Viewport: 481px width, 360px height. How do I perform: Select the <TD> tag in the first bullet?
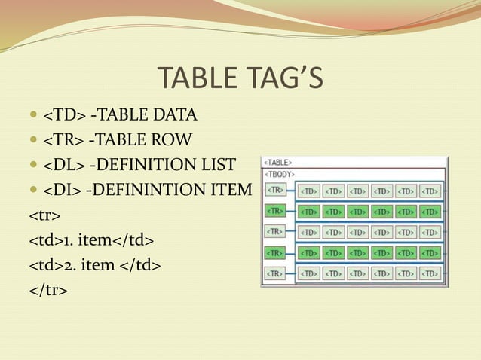(x=63, y=115)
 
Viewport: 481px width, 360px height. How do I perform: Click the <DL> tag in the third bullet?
(x=63, y=163)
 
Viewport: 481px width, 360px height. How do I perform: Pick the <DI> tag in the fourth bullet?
(x=60, y=188)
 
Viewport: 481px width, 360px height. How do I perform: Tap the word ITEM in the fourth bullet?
(x=231, y=188)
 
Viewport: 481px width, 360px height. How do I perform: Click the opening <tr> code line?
(x=44, y=216)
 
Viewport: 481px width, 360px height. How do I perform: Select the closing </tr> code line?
(x=48, y=288)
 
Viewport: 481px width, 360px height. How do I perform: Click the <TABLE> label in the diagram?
(x=277, y=162)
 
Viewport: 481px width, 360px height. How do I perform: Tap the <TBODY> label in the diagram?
(x=280, y=172)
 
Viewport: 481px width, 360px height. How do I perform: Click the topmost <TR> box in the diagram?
(x=276, y=189)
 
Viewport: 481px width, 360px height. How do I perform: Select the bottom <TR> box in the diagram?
(x=276, y=273)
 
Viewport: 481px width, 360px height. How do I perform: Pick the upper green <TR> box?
(x=276, y=211)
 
